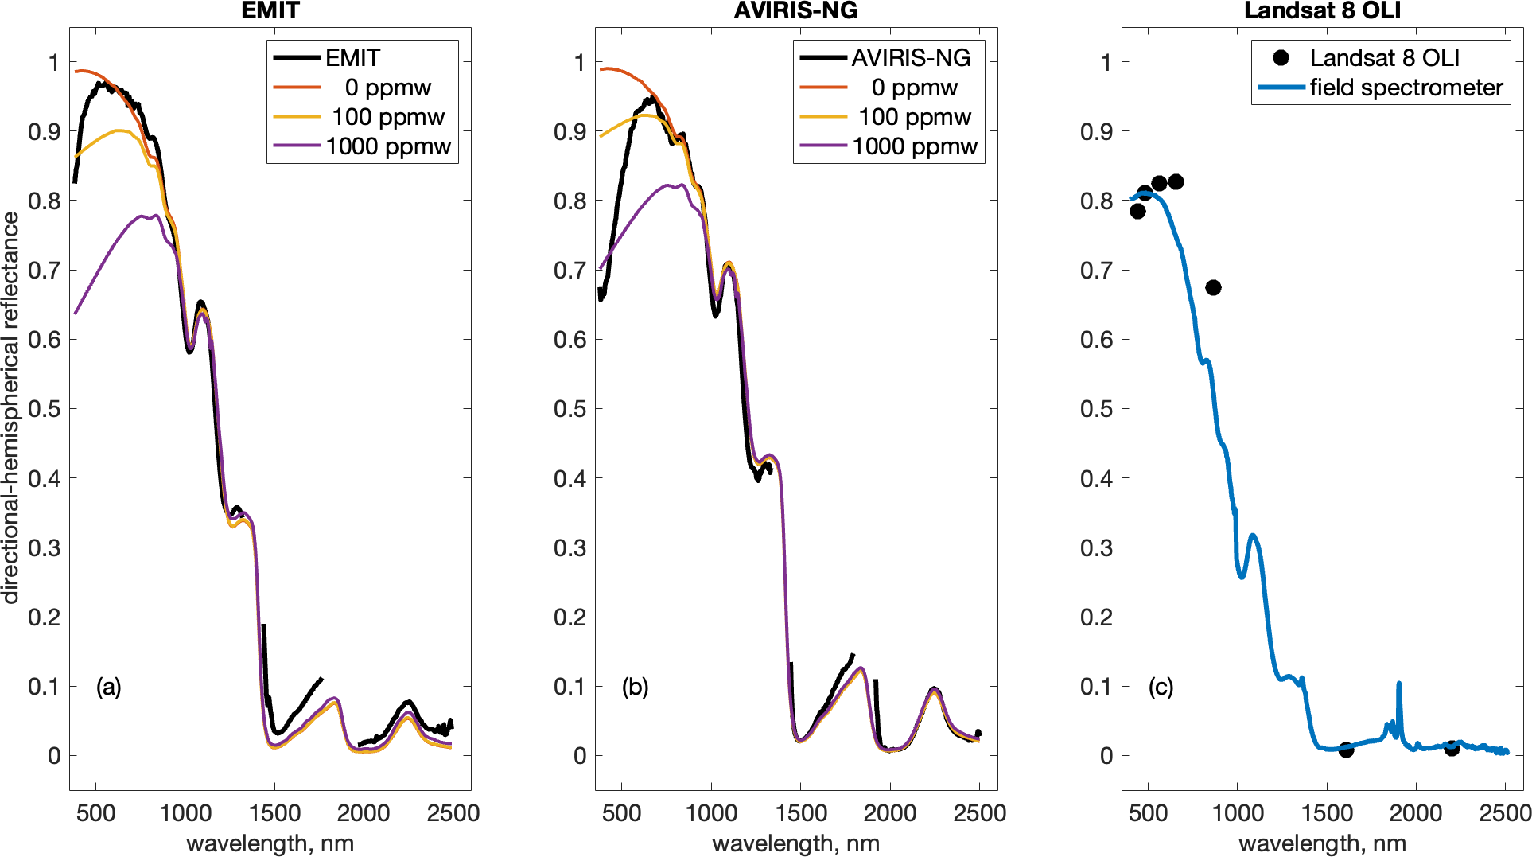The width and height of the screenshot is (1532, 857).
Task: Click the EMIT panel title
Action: coord(270,10)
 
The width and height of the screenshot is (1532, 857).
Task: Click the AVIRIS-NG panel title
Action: coord(795,10)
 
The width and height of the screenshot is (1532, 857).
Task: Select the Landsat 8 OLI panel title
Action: coord(1322,10)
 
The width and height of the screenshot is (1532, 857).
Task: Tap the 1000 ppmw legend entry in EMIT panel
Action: coord(387,146)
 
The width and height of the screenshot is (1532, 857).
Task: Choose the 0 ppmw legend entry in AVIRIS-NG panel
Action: coord(914,88)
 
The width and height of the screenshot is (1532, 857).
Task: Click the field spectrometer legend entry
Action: coord(1406,88)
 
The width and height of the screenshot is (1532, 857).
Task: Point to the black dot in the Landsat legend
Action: coord(1281,57)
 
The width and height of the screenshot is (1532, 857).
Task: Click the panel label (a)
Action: coord(109,687)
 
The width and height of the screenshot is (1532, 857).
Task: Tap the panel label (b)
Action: coord(635,687)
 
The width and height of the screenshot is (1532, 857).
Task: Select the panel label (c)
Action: coord(1161,687)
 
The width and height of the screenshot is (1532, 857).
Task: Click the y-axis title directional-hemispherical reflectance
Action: coord(10,407)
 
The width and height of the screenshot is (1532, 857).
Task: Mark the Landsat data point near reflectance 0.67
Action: coord(1213,287)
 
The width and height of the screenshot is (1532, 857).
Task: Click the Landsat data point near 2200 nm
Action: coord(1452,748)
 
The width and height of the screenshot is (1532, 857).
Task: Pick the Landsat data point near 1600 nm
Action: coord(1346,750)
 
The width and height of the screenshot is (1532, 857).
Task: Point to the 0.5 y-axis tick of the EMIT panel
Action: coord(44,409)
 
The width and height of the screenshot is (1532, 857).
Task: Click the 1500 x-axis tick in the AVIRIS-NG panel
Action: coord(801,813)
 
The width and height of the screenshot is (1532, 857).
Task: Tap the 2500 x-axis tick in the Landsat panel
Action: coord(1505,813)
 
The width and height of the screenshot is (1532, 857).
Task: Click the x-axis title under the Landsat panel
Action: coord(1322,843)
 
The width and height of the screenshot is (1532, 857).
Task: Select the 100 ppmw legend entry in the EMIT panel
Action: coord(387,117)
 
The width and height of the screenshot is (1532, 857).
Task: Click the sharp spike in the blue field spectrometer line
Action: coord(1398,684)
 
